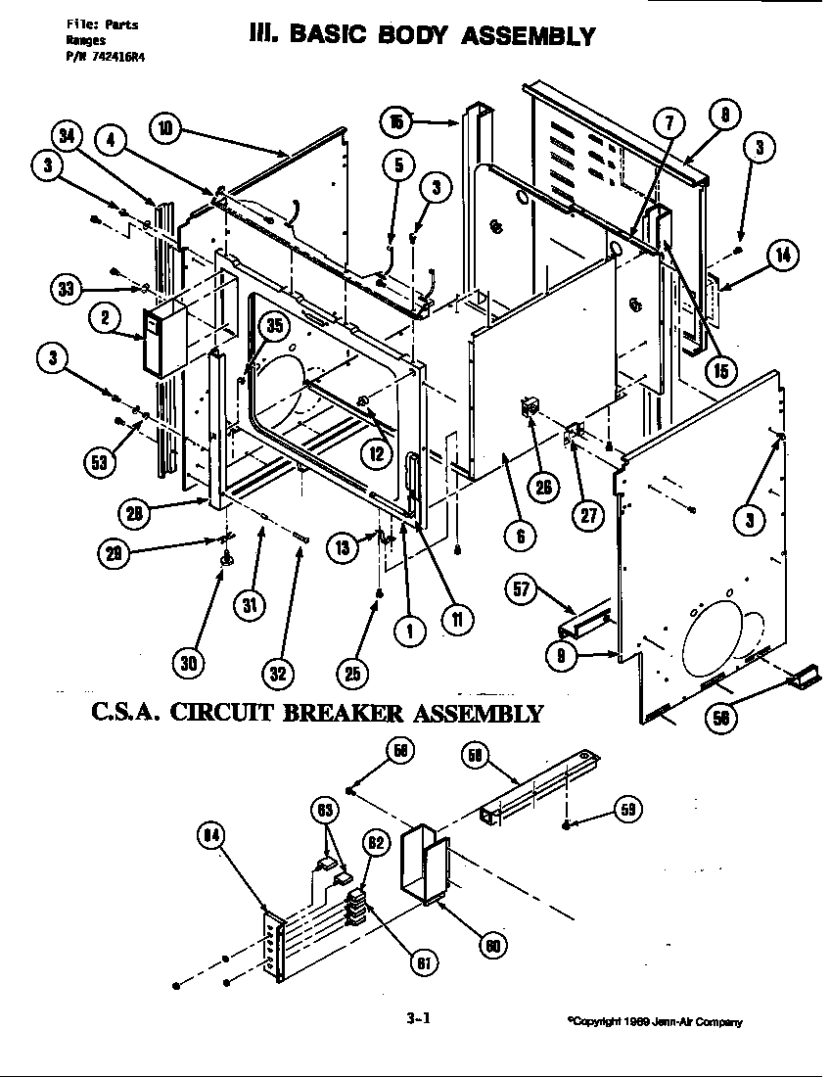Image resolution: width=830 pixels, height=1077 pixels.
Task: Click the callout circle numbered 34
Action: [x=68, y=136]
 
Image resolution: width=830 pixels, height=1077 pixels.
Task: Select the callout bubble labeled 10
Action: [x=166, y=127]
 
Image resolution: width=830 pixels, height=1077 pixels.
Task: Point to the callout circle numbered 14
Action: [x=782, y=257]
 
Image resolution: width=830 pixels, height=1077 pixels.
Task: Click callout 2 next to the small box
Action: [x=104, y=316]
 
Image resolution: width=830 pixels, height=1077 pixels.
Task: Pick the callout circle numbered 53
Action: [x=99, y=462]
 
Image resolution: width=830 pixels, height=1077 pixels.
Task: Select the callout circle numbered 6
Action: [x=521, y=536]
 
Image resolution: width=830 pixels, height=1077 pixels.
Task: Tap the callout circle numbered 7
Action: [x=669, y=123]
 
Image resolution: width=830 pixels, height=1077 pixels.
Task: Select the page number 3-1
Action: [x=418, y=1018]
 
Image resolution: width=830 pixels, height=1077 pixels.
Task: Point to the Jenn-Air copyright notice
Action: [x=655, y=1022]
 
